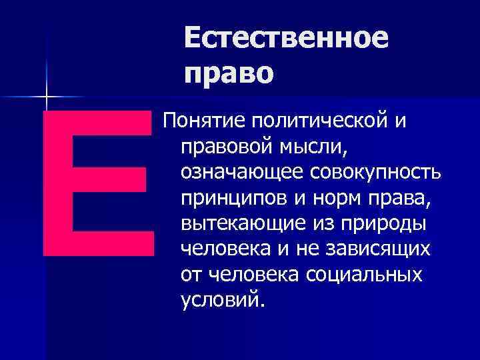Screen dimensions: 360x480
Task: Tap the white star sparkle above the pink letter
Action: (47, 97)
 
